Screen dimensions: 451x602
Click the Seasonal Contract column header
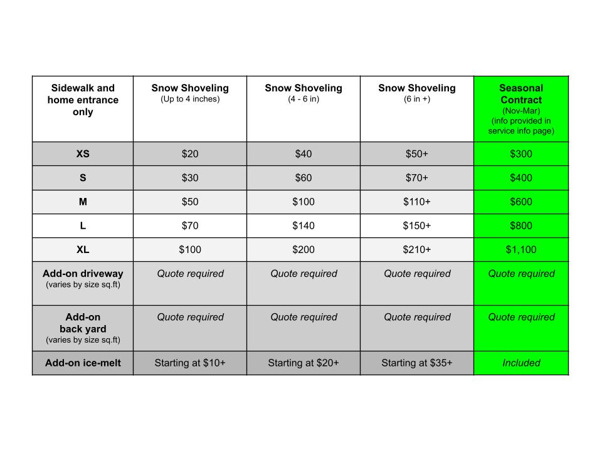[x=521, y=94]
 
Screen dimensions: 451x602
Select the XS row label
[x=83, y=154]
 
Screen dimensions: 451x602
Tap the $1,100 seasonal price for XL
[x=521, y=249]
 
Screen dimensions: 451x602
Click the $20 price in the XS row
[x=190, y=154]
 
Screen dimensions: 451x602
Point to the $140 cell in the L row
[x=304, y=225]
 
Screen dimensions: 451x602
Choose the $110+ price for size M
[x=417, y=202]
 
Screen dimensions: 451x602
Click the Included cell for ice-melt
[x=521, y=363]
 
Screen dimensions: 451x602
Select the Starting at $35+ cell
[x=417, y=363]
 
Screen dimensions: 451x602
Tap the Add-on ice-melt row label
[x=83, y=363]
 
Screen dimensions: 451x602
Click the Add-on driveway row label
[x=83, y=274]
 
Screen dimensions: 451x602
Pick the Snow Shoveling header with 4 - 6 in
[x=304, y=88]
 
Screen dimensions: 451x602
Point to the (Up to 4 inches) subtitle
[x=190, y=99]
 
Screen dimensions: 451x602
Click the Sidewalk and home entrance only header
[x=83, y=100]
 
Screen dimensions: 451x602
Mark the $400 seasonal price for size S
[x=521, y=178]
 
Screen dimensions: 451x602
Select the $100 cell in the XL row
[x=190, y=249]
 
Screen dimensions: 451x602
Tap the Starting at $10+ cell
[x=190, y=363]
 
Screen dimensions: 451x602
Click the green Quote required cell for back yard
[x=521, y=317]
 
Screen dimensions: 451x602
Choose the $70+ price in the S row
[x=417, y=178]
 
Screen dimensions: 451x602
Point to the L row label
[x=83, y=225]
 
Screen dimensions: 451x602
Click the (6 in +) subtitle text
[x=417, y=99]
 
